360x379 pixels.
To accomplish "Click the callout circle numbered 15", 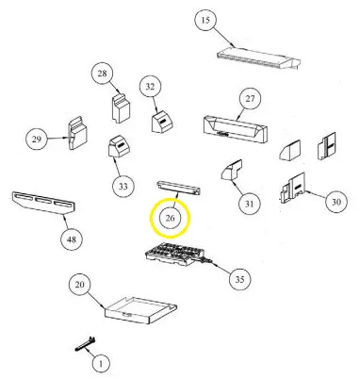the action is click(205, 21).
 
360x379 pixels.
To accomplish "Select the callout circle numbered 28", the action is click(103, 74).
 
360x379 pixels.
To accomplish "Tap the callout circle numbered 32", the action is click(151, 87).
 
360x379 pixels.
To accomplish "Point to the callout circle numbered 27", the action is click(250, 99).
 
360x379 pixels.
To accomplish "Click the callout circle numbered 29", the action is click(37, 139).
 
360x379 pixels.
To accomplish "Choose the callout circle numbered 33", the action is click(123, 187).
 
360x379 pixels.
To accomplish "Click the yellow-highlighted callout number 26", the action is click(170, 218).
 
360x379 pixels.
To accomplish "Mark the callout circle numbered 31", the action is click(249, 204).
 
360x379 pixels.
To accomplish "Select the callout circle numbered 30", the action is click(336, 202).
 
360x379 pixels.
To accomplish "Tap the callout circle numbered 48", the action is click(72, 239).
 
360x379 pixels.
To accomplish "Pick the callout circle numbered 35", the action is click(239, 279).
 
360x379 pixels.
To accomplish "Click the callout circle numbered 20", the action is click(80, 285).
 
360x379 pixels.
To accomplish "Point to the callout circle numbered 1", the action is click(101, 364).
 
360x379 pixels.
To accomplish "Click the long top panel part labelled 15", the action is click(259, 58).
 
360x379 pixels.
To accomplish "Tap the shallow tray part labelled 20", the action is click(140, 310).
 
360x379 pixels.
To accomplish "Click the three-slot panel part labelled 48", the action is click(43, 203).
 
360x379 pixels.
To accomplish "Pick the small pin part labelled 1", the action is click(86, 344).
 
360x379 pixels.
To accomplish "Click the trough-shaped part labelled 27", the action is click(236, 129).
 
